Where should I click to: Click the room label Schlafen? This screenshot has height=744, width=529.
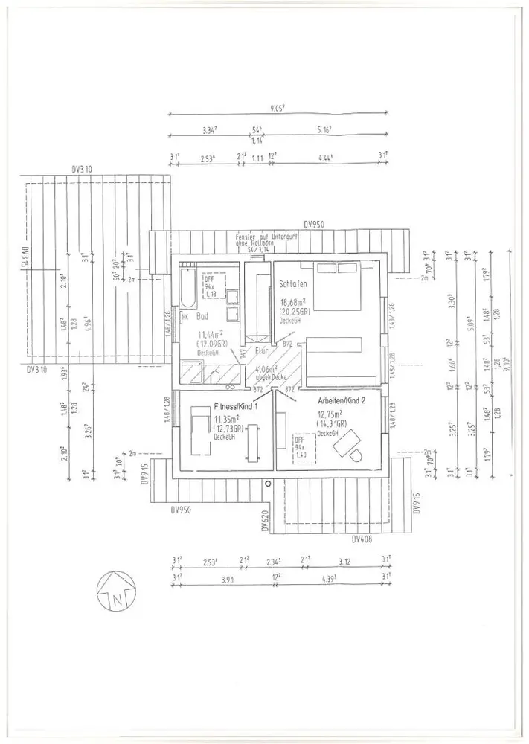[292, 284]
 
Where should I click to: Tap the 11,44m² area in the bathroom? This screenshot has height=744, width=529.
[211, 336]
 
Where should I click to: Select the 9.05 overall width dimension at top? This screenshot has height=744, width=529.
[278, 108]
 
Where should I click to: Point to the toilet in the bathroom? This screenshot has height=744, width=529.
[215, 376]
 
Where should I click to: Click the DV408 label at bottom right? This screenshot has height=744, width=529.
[362, 539]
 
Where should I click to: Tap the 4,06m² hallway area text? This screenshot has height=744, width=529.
[266, 368]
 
